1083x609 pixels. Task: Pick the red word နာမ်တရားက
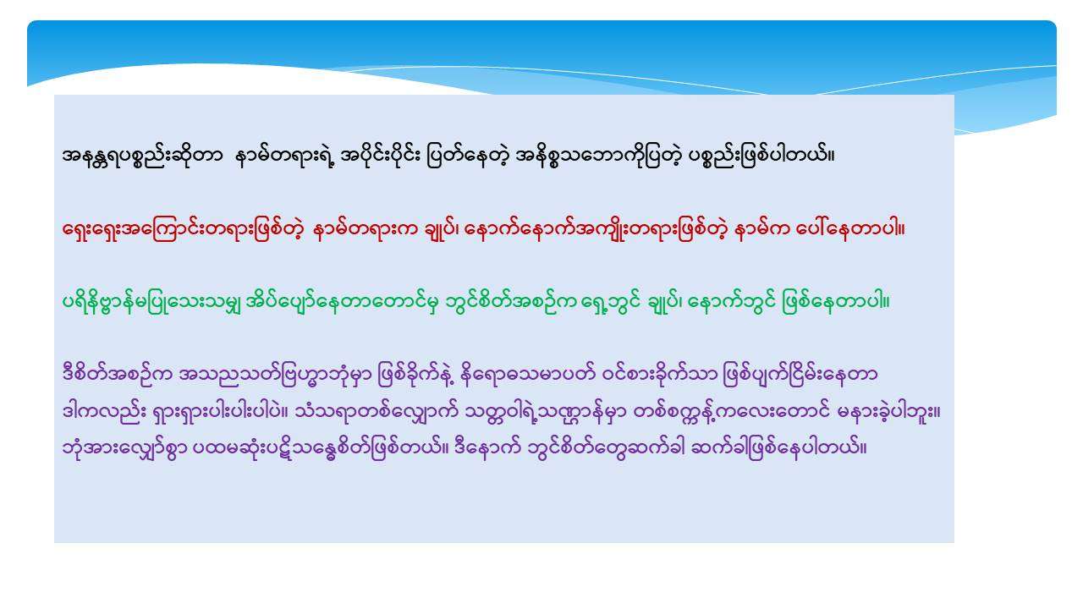(366, 229)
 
